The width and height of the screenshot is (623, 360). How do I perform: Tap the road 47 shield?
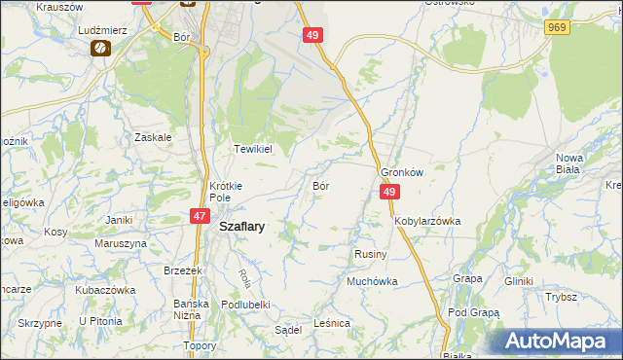(199, 217)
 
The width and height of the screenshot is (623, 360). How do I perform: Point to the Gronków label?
(402, 171)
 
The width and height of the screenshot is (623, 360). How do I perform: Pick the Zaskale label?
(154, 137)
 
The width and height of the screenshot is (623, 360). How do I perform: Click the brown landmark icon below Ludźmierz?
(98, 48)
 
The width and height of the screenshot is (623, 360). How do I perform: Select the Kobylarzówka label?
(427, 221)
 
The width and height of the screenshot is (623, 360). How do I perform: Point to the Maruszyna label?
(121, 243)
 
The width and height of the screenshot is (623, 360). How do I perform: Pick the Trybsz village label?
(562, 297)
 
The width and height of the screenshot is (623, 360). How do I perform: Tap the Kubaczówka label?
(104, 290)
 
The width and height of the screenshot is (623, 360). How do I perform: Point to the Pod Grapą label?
(473, 313)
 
